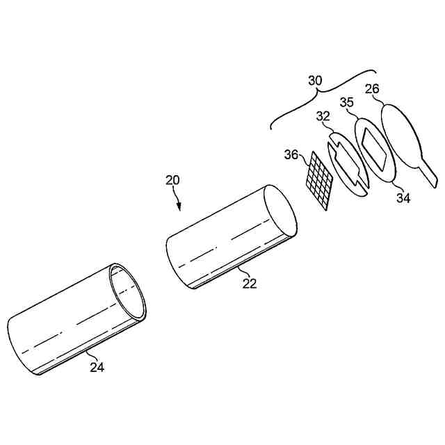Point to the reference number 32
tap(322, 118)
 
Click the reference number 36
tap(292, 154)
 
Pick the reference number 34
tap(403, 198)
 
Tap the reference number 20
tap(172, 180)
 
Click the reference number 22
tap(250, 283)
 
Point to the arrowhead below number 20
tap(179, 206)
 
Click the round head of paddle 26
tap(399, 136)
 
